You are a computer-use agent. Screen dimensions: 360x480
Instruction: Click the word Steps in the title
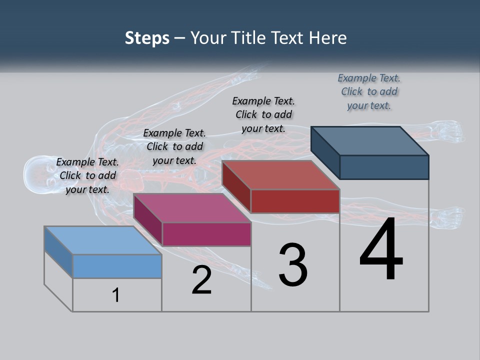tap(147, 38)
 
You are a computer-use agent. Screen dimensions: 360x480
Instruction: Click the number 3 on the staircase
tap(293, 265)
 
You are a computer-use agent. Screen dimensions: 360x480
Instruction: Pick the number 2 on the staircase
tap(201, 280)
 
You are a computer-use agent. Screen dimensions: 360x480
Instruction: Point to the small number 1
tap(116, 295)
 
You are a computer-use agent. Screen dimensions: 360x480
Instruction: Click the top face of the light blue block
tap(102, 240)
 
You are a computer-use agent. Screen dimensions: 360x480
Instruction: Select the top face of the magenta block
tap(192, 207)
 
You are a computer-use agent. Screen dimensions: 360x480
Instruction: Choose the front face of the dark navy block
tap(384, 167)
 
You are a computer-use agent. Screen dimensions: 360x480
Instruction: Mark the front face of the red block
tap(295, 201)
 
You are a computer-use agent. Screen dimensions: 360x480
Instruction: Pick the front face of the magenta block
tap(206, 234)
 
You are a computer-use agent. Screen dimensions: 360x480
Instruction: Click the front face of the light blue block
tap(117, 266)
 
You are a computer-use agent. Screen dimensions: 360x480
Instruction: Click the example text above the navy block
tap(369, 91)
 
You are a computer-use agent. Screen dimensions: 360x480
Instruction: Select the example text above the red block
tap(263, 114)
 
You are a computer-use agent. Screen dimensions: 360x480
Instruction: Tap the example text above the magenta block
tap(174, 146)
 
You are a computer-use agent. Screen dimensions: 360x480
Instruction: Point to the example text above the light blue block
tap(87, 175)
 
